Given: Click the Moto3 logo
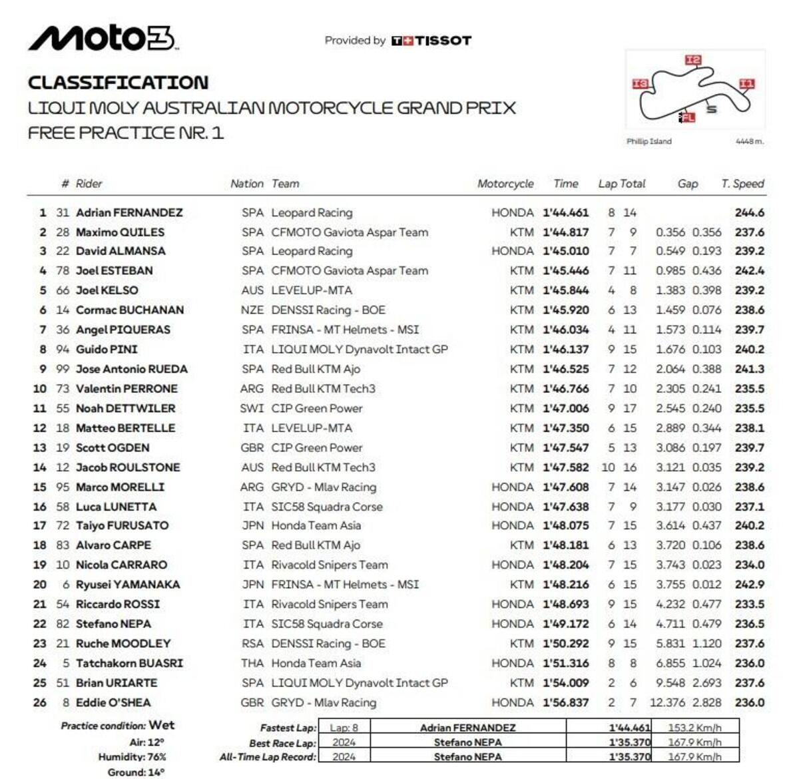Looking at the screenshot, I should click(x=102, y=39).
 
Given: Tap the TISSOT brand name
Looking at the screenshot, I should click(x=443, y=41).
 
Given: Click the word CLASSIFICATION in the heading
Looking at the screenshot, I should click(x=118, y=83).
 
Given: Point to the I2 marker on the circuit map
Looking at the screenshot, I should click(x=693, y=61).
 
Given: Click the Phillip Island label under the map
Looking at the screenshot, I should click(x=649, y=141).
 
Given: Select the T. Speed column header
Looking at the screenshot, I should click(x=742, y=184).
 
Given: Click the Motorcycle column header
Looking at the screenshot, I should click(x=505, y=184).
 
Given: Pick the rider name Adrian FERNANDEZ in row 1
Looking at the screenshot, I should click(x=129, y=212).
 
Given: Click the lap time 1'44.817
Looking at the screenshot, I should click(x=565, y=232).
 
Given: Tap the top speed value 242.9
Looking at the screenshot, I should click(x=749, y=585).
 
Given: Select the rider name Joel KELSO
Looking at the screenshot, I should click(x=107, y=290).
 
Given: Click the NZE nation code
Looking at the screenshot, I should click(x=252, y=310).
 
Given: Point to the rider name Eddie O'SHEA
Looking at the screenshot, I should click(x=113, y=702).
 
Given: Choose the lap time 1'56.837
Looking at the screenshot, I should click(x=565, y=702).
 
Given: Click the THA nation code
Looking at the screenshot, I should click(x=252, y=663).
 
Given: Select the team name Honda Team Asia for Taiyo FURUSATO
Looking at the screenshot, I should click(x=316, y=525).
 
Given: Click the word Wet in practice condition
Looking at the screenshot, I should click(x=162, y=725).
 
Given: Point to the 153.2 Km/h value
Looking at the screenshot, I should click(x=694, y=728).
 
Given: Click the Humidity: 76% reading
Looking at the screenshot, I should click(x=132, y=757).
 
